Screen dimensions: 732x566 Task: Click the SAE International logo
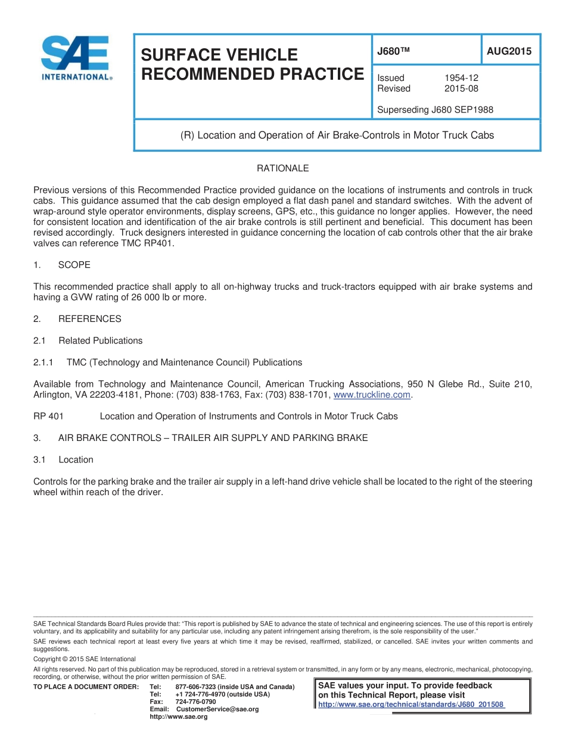tap(74, 58)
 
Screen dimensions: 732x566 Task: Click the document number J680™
tap(394, 52)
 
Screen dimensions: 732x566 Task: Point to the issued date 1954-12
tap(461, 78)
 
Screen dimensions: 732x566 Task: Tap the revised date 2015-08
tap(461, 89)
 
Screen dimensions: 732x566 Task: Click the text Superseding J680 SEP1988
tap(435, 110)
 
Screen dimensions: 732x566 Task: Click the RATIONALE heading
tap(282, 168)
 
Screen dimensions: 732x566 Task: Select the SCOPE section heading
tap(74, 265)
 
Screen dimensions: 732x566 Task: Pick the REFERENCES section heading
tap(89, 319)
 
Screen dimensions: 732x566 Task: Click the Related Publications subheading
tap(100, 340)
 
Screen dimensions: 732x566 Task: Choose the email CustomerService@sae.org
tap(217, 709)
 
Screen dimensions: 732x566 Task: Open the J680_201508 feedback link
tap(411, 705)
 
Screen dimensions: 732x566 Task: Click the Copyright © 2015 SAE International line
tap(85, 659)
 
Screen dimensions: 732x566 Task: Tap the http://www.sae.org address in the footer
tap(178, 717)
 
